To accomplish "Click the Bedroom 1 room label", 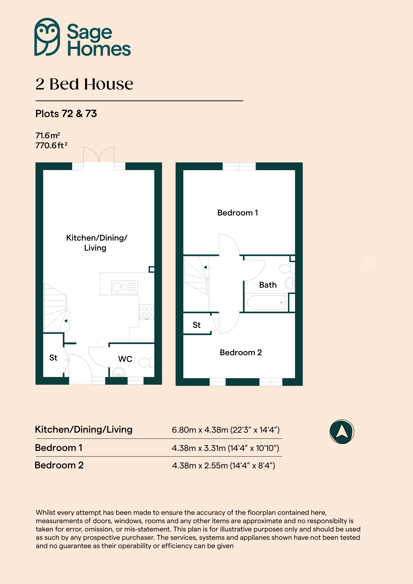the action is tap(238, 213).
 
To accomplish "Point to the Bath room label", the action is tap(268, 285).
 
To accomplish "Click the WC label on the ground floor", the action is tap(125, 359).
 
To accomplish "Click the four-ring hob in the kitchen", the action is tap(147, 312).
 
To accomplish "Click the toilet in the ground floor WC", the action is tap(146, 362).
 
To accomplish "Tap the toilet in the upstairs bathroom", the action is tap(287, 268).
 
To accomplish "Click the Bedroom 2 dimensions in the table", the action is tap(223, 465).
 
